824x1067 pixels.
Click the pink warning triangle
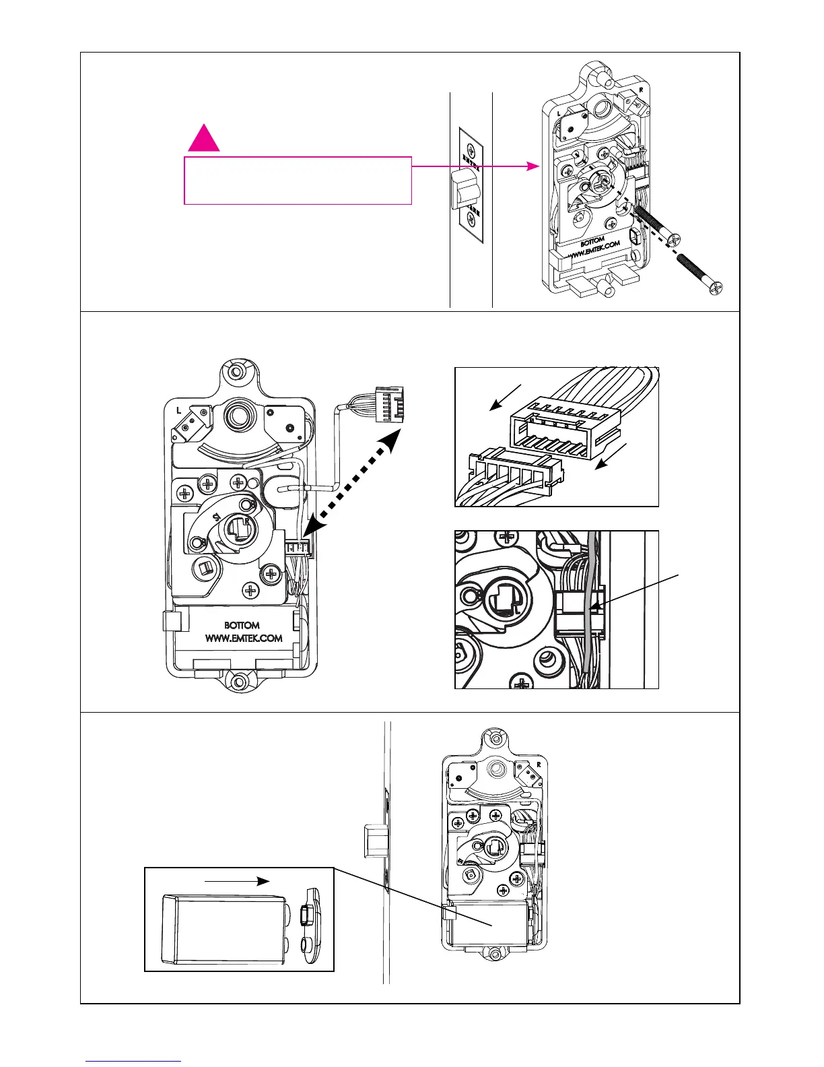point(203,139)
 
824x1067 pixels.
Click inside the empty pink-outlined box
point(298,181)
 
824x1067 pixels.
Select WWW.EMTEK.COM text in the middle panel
point(243,638)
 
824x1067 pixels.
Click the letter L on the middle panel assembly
point(179,410)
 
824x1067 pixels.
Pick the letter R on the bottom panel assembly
point(539,765)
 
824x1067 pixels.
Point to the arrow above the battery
point(237,880)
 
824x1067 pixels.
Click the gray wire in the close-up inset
point(592,606)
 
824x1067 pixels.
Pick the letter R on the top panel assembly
point(641,88)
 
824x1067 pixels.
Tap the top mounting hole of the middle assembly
point(236,372)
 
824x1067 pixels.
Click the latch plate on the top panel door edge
point(471,187)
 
